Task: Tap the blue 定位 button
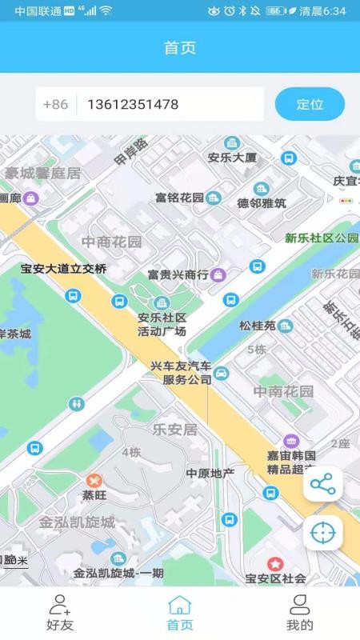click(310, 104)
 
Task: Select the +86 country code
click(55, 104)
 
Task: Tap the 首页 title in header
click(180, 47)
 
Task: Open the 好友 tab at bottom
click(59, 613)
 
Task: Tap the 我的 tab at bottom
click(299, 613)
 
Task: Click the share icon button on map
click(322, 483)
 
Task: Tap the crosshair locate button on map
click(322, 533)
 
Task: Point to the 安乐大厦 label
click(232, 158)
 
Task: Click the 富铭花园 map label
click(179, 197)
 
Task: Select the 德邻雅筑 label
click(262, 203)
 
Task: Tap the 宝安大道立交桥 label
click(63, 269)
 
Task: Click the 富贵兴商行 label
click(178, 274)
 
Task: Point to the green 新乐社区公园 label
click(322, 238)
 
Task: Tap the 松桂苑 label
click(257, 326)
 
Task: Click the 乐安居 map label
click(174, 430)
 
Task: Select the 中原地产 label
click(210, 473)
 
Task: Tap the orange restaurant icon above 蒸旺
click(94, 480)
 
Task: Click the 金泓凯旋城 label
click(77, 522)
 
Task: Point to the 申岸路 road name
click(131, 151)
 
